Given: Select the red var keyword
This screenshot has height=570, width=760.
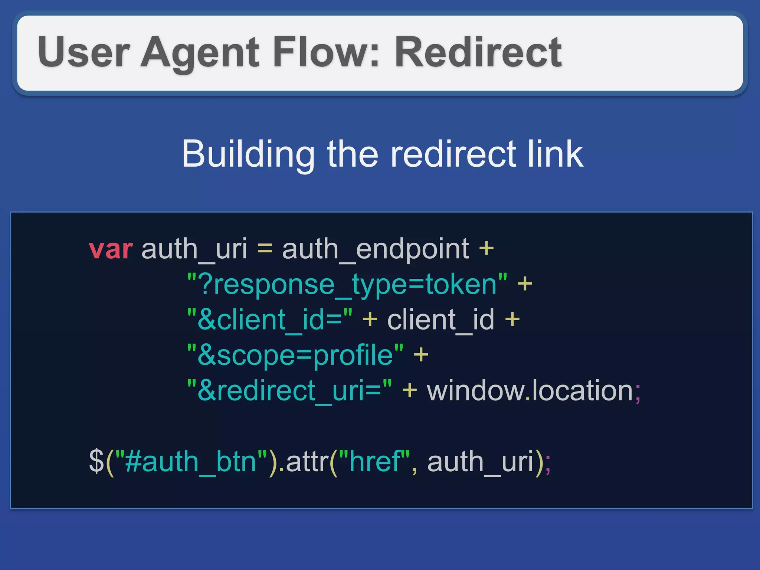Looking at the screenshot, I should pyautogui.click(x=111, y=249).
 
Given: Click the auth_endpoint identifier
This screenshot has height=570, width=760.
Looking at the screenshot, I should pyautogui.click(x=375, y=249).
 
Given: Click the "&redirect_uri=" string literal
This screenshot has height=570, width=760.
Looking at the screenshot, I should pyautogui.click(x=289, y=391).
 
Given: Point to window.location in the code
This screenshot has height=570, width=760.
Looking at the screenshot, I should pyautogui.click(x=530, y=391).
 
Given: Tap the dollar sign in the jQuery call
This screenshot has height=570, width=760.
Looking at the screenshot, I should pyautogui.click(x=96, y=461).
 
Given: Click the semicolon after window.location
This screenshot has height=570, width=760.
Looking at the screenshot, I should pyautogui.click(x=638, y=393).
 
